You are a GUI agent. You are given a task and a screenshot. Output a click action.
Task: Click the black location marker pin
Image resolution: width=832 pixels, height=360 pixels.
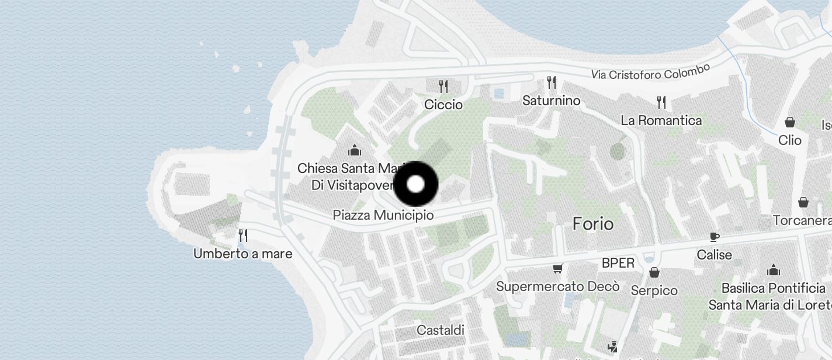(415, 185)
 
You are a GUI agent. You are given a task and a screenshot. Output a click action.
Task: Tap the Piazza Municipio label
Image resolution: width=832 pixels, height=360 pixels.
(383, 215)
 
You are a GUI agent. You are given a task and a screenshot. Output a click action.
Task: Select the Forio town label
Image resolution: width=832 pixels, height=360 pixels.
(593, 224)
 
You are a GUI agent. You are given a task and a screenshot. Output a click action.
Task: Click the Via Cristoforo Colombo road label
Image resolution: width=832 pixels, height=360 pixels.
(650, 72)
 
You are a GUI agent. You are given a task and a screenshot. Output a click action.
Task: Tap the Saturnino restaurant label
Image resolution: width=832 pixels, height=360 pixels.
(551, 101)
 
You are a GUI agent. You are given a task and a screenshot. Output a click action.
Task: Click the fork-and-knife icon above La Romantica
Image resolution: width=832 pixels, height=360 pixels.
(661, 102)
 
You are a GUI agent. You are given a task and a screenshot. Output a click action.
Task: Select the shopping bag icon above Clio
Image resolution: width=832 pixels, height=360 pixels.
(790, 122)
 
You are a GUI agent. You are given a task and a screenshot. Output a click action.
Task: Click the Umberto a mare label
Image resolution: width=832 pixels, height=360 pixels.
(242, 254)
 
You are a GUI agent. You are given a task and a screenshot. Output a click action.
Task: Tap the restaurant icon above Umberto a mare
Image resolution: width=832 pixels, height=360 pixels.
(243, 236)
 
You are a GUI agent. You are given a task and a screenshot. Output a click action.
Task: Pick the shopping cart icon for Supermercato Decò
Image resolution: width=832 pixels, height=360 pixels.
(557, 269)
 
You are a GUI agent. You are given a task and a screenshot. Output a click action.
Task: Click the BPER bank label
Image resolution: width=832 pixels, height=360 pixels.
(618, 263)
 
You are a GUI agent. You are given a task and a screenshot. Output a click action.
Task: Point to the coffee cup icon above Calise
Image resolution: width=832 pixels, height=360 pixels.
(714, 237)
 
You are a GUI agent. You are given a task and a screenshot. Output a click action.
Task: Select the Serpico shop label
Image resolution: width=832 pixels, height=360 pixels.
(654, 290)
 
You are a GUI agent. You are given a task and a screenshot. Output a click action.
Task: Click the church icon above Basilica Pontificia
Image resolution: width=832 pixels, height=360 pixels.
(774, 270)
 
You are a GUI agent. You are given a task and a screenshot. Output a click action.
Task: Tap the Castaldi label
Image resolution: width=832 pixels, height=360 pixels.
(441, 330)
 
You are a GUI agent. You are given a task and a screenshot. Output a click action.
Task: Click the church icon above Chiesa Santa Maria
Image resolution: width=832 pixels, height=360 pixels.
(354, 150)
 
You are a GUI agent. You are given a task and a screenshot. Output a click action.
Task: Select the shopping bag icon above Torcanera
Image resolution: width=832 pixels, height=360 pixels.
(803, 202)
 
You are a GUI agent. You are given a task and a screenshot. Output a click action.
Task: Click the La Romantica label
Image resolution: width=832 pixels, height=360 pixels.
(661, 120)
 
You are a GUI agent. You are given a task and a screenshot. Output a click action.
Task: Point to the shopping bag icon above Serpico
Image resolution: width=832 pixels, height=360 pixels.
(654, 272)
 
